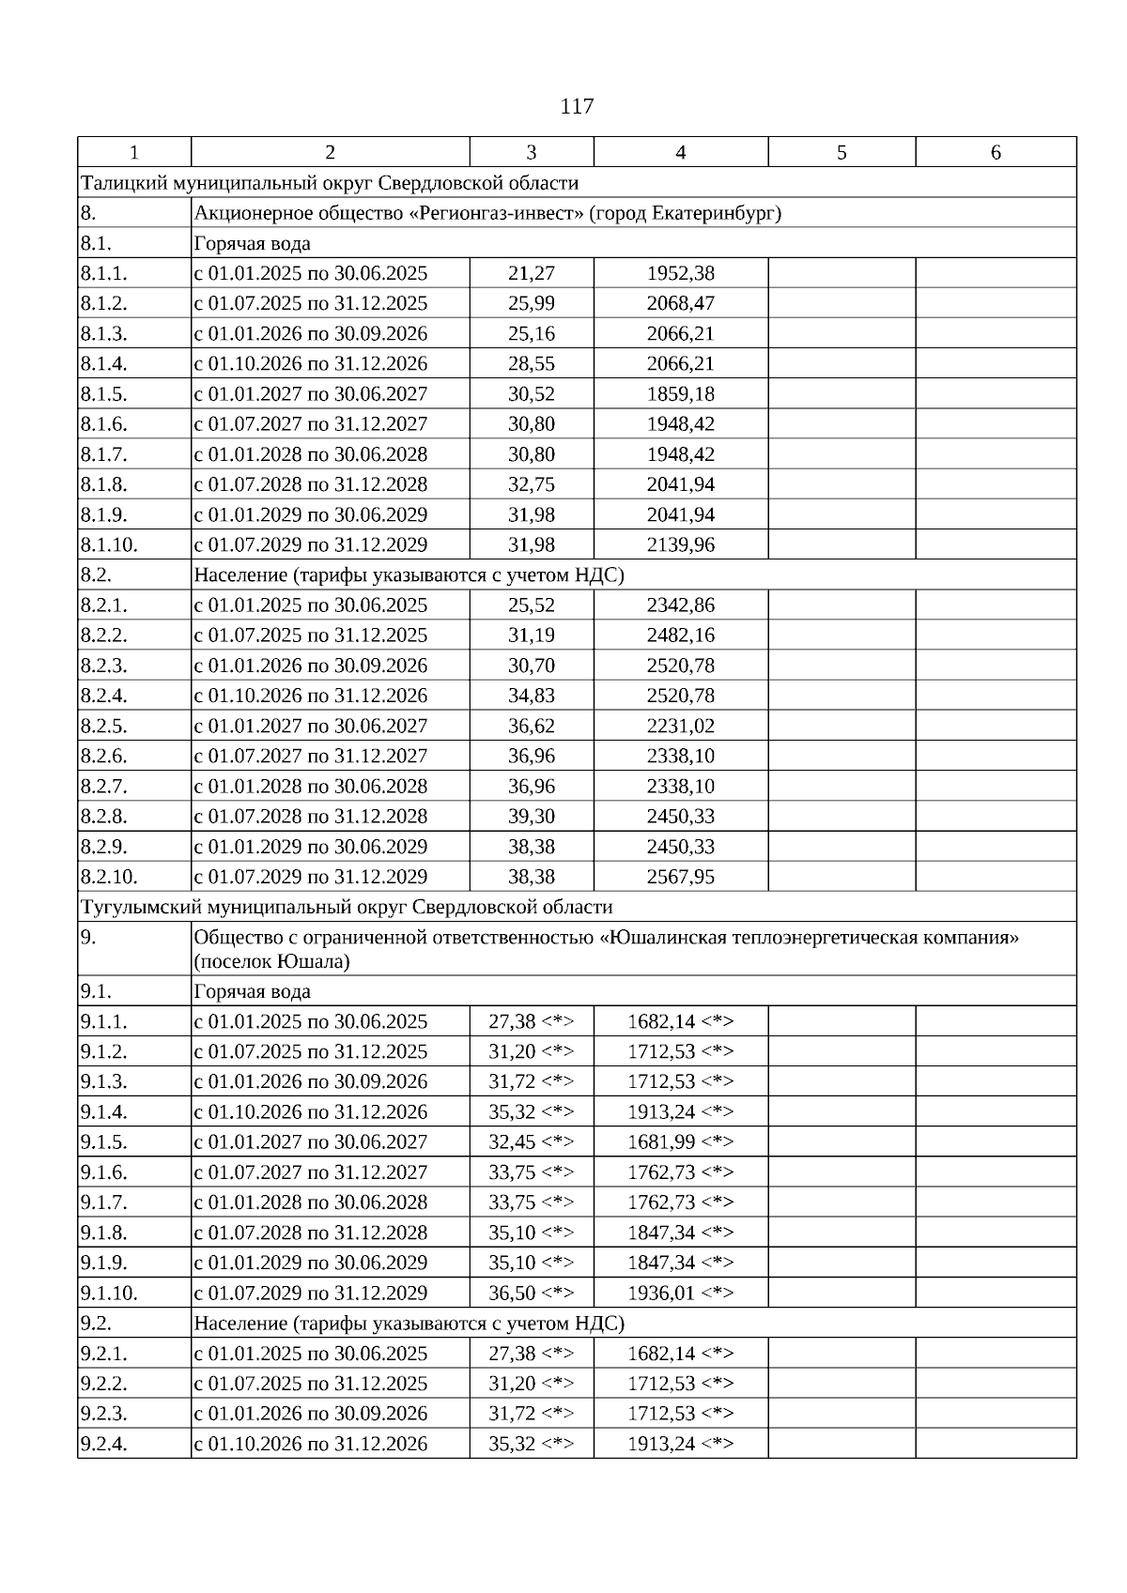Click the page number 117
point(577,106)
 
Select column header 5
point(841,152)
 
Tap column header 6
point(996,152)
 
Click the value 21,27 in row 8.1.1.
point(532,273)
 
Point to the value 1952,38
point(681,273)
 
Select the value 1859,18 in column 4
point(681,393)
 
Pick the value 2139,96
point(681,544)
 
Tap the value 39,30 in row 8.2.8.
point(532,816)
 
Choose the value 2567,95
point(681,877)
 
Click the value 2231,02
point(681,726)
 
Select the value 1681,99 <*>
point(681,1141)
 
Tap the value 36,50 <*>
point(532,1293)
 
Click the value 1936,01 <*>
point(681,1293)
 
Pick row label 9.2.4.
point(104,1444)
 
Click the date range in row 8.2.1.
point(311,605)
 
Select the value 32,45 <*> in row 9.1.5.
point(532,1141)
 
